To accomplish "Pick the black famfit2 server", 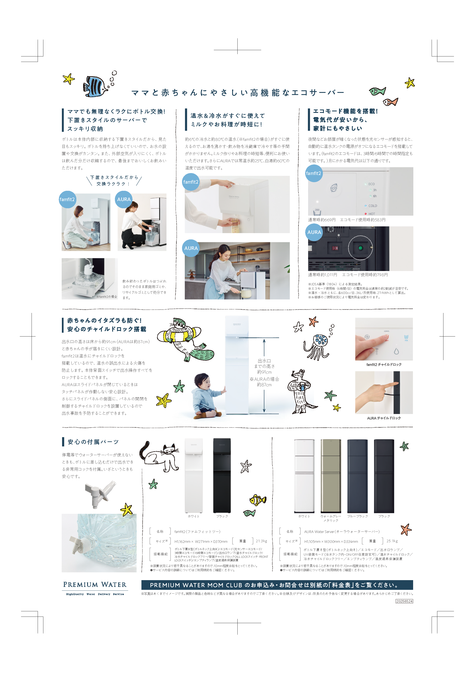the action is pos(222,475).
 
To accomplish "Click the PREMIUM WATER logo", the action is pos(95,588).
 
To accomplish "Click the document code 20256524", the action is pos(404,601).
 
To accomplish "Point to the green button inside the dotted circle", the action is pos(361,248).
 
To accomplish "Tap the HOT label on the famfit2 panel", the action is pos(372,214).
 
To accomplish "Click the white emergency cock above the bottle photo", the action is pos(100,494).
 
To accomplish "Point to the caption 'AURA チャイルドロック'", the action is pos(384,418).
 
